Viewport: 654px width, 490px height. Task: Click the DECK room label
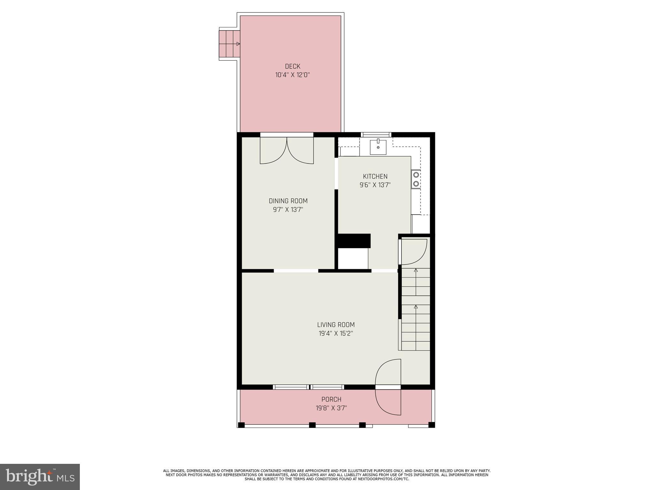tap(293, 66)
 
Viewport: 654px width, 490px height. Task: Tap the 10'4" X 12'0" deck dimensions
tap(293, 75)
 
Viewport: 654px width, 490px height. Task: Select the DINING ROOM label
tap(288, 201)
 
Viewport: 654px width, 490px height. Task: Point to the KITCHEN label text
tap(375, 176)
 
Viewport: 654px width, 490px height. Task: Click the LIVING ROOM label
tap(336, 325)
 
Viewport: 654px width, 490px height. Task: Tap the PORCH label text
tap(331, 399)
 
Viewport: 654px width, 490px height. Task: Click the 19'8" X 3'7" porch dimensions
tap(331, 408)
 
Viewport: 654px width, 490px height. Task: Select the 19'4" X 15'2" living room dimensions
tap(336, 334)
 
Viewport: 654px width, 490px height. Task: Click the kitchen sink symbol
tap(378, 147)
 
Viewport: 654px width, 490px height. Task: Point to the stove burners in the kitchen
tap(416, 179)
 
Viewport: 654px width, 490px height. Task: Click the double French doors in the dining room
tap(287, 150)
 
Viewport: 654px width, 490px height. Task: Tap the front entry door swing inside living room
tap(388, 372)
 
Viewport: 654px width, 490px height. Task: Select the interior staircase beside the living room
tap(415, 309)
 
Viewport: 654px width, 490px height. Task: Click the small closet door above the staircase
tap(414, 252)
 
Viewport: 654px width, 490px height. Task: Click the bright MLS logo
tap(40, 477)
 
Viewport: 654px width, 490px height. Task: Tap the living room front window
tap(308, 387)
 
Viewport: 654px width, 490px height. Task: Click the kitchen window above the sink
tap(376, 135)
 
